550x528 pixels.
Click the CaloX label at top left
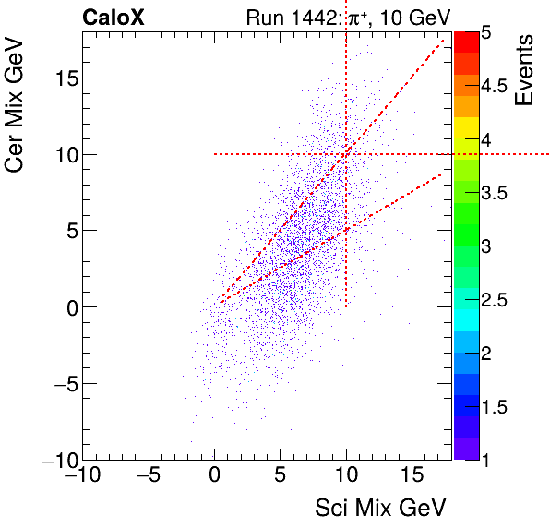pyautogui.click(x=112, y=18)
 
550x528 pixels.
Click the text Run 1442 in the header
pyautogui.click(x=284, y=18)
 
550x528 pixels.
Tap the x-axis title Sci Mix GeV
pyautogui.click(x=380, y=507)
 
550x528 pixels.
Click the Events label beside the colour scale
pyautogui.click(x=526, y=71)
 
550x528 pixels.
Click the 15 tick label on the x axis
pyautogui.click(x=412, y=477)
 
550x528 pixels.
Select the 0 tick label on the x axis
pyautogui.click(x=214, y=477)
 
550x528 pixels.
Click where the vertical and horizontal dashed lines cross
pyautogui.click(x=346, y=154)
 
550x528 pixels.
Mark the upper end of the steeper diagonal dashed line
pyautogui.click(x=445, y=41)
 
